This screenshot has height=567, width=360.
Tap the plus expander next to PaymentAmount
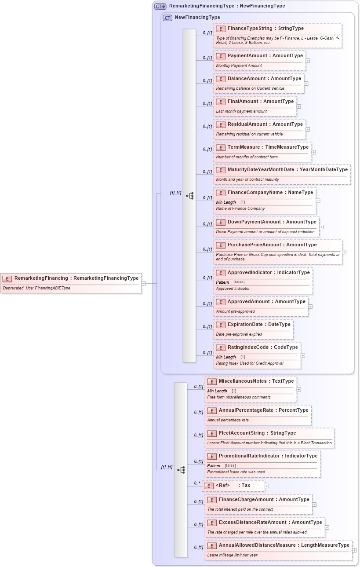(308, 61)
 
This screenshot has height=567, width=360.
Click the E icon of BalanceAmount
(221, 79)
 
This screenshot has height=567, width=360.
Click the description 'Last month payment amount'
(241, 111)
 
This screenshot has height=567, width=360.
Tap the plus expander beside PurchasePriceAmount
(344, 252)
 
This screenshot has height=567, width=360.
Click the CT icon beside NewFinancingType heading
(167, 18)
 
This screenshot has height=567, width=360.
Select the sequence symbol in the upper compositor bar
(190, 196)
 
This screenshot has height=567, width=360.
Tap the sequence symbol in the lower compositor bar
(181, 470)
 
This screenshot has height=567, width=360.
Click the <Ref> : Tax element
(233, 486)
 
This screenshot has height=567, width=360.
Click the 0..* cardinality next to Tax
(197, 483)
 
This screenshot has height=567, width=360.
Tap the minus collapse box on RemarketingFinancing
(144, 283)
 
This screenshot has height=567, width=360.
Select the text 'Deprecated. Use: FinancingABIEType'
(36, 289)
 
